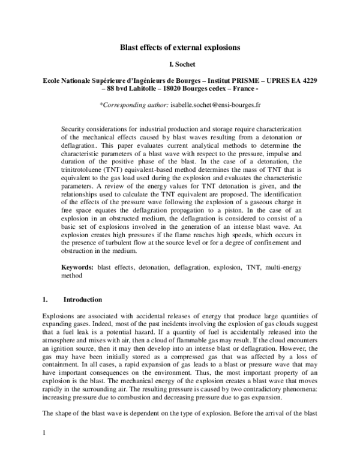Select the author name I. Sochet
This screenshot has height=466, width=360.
point(180,64)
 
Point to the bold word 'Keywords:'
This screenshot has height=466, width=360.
point(78,266)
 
